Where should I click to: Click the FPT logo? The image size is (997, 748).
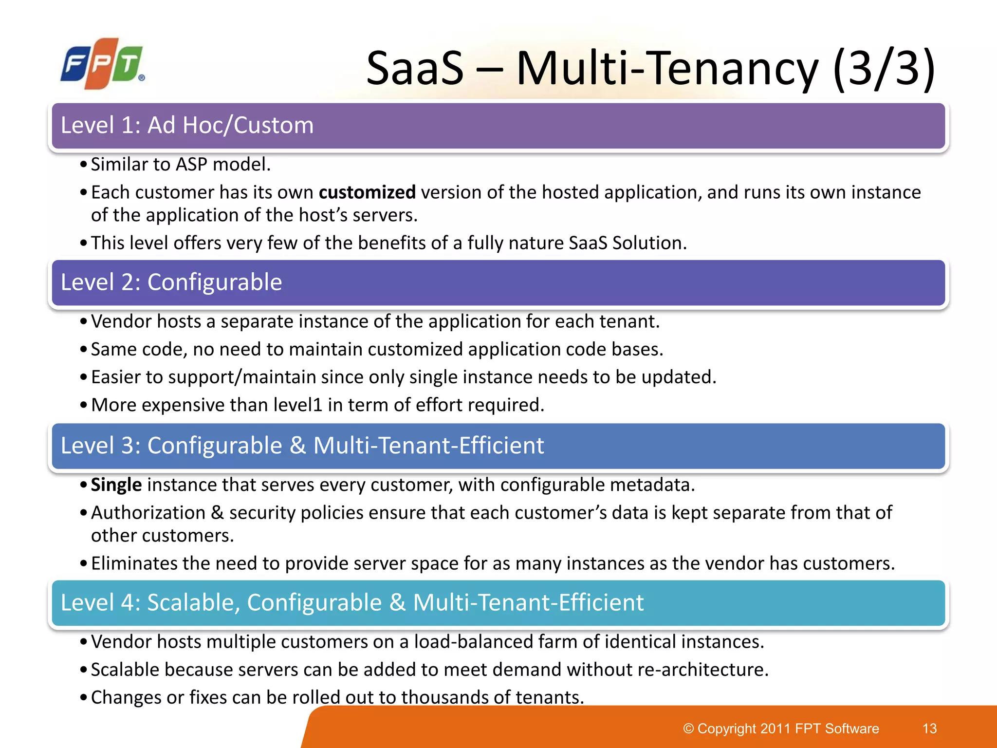coord(103,63)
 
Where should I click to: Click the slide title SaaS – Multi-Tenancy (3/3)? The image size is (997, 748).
coord(650,68)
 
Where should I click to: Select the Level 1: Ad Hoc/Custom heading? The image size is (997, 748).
coord(187,126)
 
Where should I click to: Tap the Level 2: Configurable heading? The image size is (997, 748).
coord(171,282)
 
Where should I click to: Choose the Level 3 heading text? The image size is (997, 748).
coord(302,446)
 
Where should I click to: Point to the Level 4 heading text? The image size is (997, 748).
coord(352,603)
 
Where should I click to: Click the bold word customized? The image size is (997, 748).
coord(367,192)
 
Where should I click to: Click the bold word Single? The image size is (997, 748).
coord(116,485)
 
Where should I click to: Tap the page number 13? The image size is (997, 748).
coord(929,729)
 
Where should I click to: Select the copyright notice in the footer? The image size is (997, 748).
coord(781,729)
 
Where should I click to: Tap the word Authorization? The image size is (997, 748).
coord(148,513)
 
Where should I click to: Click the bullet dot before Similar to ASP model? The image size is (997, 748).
coord(84,165)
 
